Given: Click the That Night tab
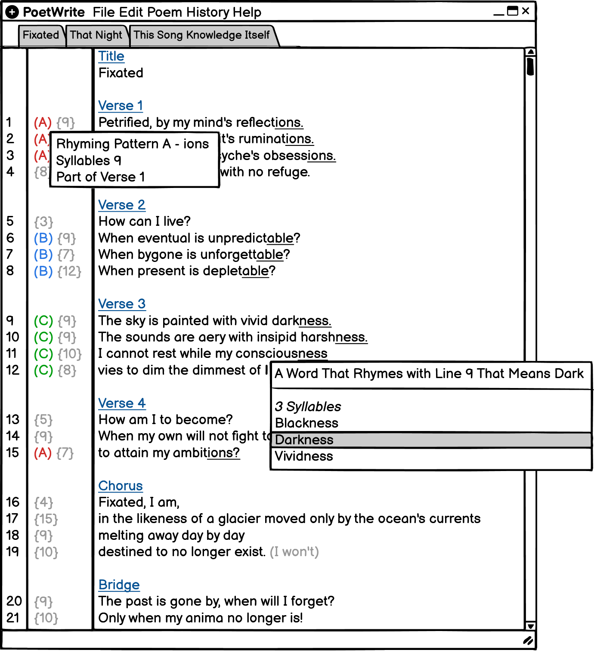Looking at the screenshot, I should tap(96, 35).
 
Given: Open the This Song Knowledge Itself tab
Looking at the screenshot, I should tap(201, 35).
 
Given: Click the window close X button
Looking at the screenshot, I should tap(526, 11).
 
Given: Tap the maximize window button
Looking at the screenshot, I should tap(513, 11).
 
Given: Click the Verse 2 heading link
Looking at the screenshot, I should tap(122, 205).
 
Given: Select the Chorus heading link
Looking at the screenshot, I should tap(121, 486).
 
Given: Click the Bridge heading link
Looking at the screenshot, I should tap(119, 585).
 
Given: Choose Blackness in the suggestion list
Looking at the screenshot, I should tap(306, 423).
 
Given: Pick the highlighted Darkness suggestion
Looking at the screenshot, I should tap(304, 440).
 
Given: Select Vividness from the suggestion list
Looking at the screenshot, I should tap(304, 456).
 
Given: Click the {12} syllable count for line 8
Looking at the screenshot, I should tap(69, 271).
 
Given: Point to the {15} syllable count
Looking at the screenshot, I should tap(46, 519).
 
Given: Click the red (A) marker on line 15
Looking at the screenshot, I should tap(43, 453).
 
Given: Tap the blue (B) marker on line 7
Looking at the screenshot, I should tap(43, 255).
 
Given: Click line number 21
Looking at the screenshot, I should tap(13, 618).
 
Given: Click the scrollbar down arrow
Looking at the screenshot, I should tap(531, 626).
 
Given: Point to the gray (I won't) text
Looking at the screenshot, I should tap(294, 552).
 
